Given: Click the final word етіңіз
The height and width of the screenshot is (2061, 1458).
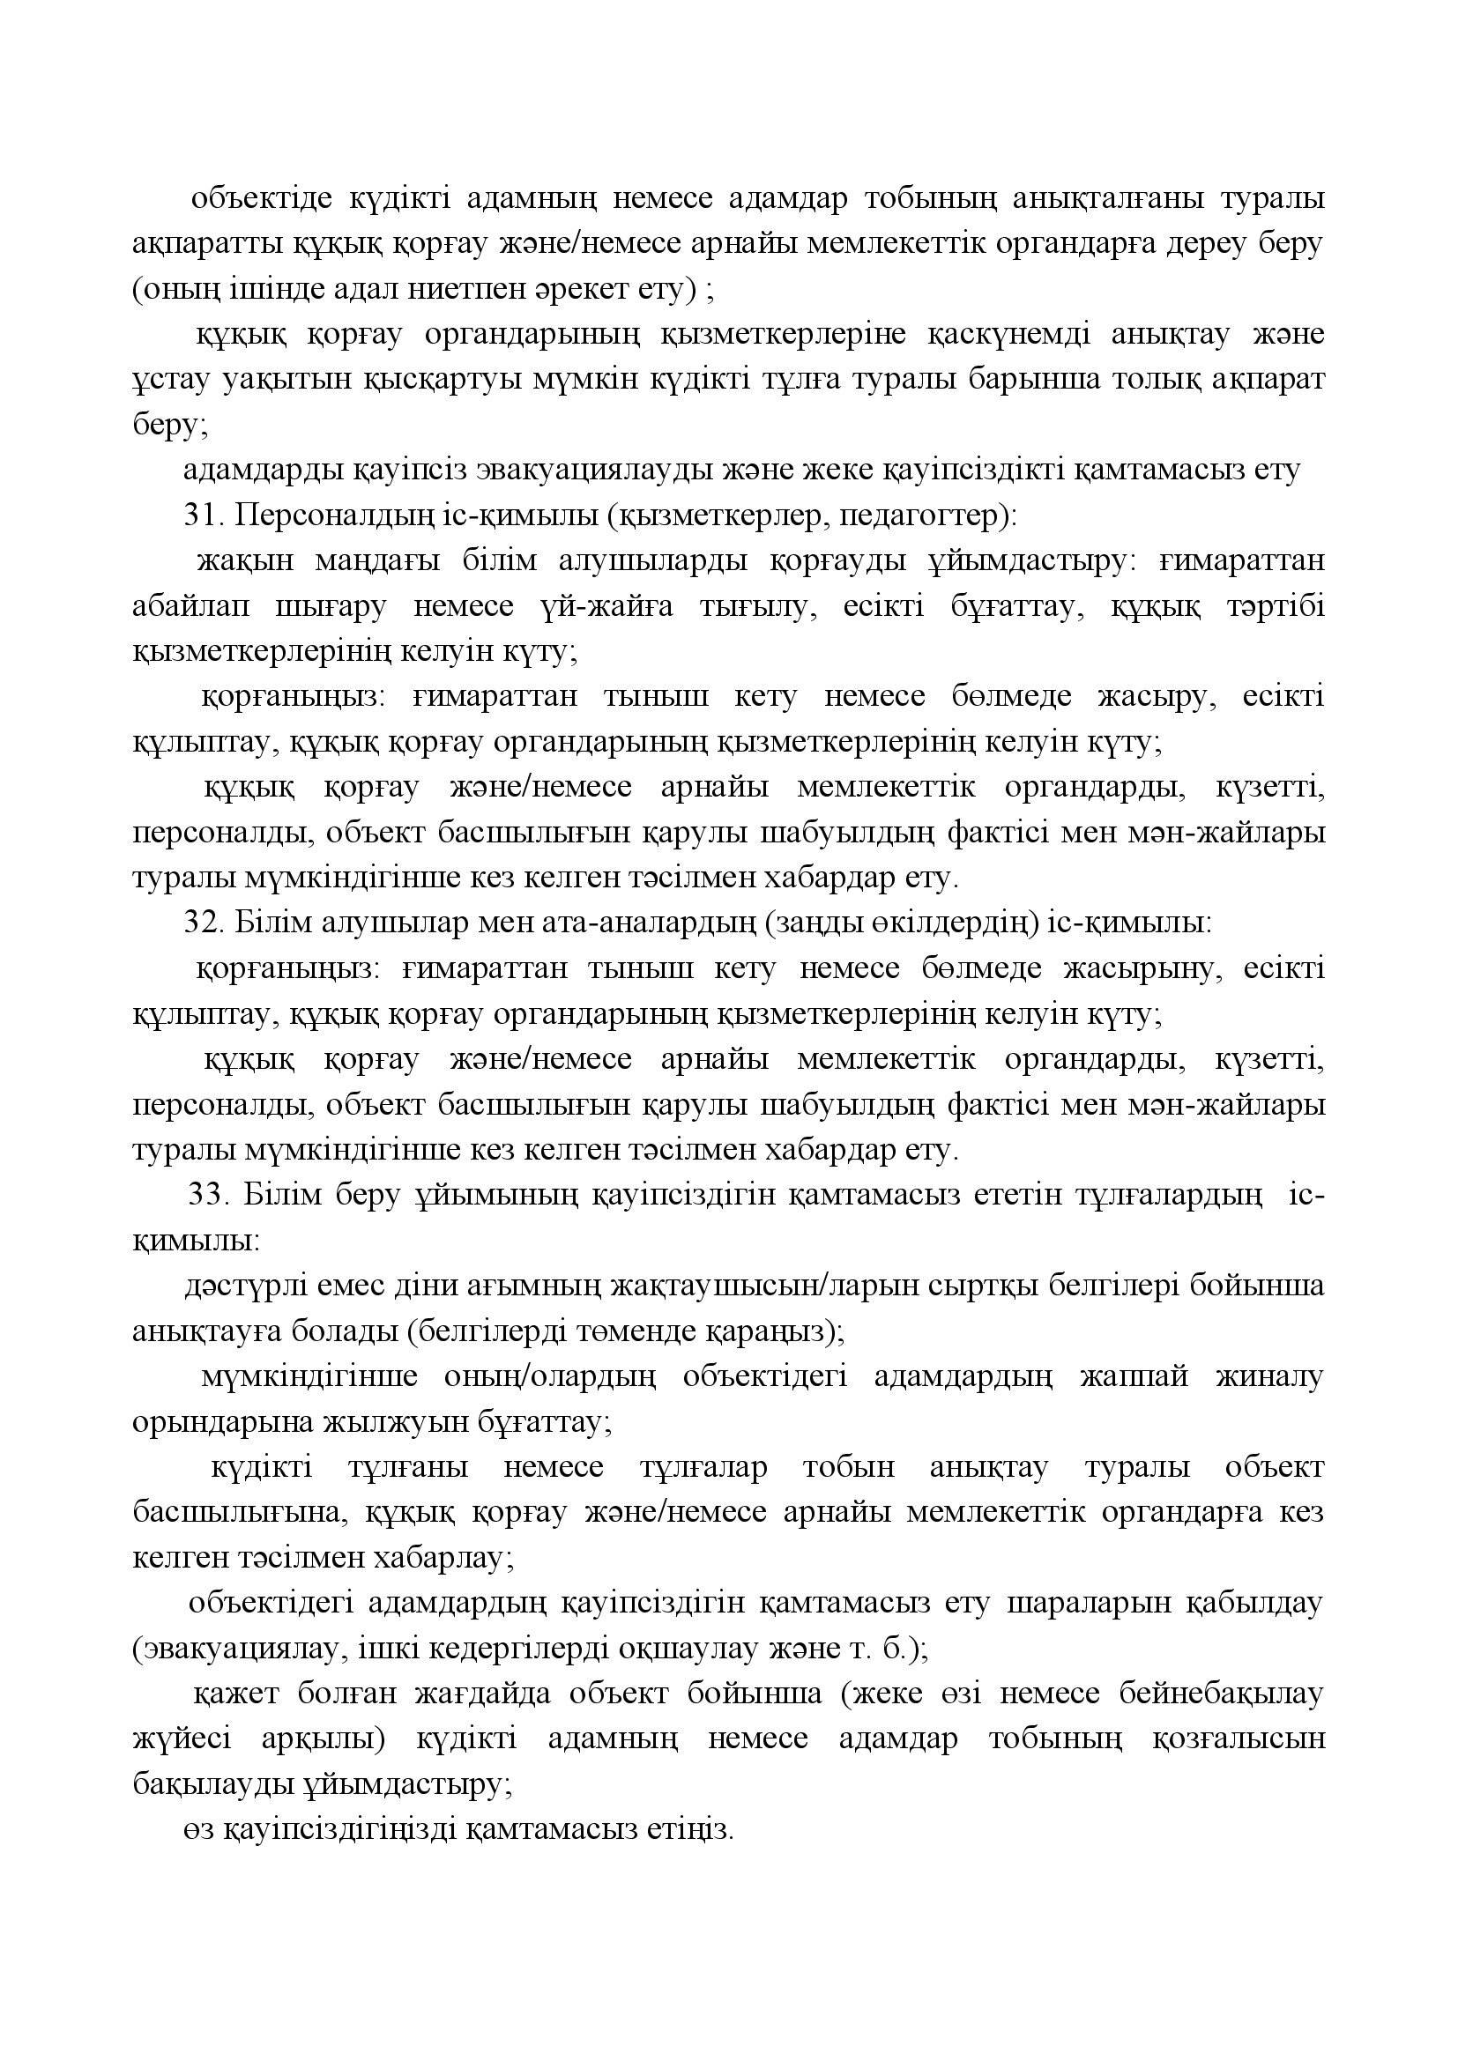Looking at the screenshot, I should coord(688,1830).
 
